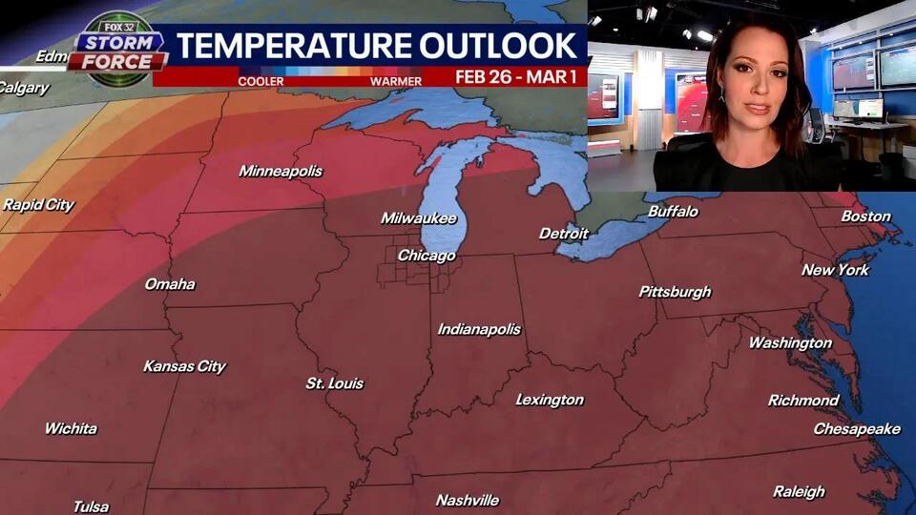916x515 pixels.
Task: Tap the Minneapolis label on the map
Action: tap(281, 171)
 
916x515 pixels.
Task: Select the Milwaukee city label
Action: tap(419, 217)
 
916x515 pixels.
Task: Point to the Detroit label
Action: tap(564, 233)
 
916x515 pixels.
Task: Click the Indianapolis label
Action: tap(479, 329)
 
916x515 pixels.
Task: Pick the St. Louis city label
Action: tap(334, 383)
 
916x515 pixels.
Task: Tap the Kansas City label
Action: tap(184, 366)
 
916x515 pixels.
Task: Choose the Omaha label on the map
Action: tap(170, 283)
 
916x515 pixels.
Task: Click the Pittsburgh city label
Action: tap(675, 291)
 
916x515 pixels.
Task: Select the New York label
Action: tap(835, 270)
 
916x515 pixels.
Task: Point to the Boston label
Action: tap(865, 216)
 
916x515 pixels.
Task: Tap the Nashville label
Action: tap(468, 500)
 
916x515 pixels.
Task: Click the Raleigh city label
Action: tap(799, 491)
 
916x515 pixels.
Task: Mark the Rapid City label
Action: tap(38, 204)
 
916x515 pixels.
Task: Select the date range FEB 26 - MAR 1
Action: tap(521, 76)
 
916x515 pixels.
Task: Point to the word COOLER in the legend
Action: tap(260, 81)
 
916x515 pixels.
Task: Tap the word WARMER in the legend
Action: tap(396, 81)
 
